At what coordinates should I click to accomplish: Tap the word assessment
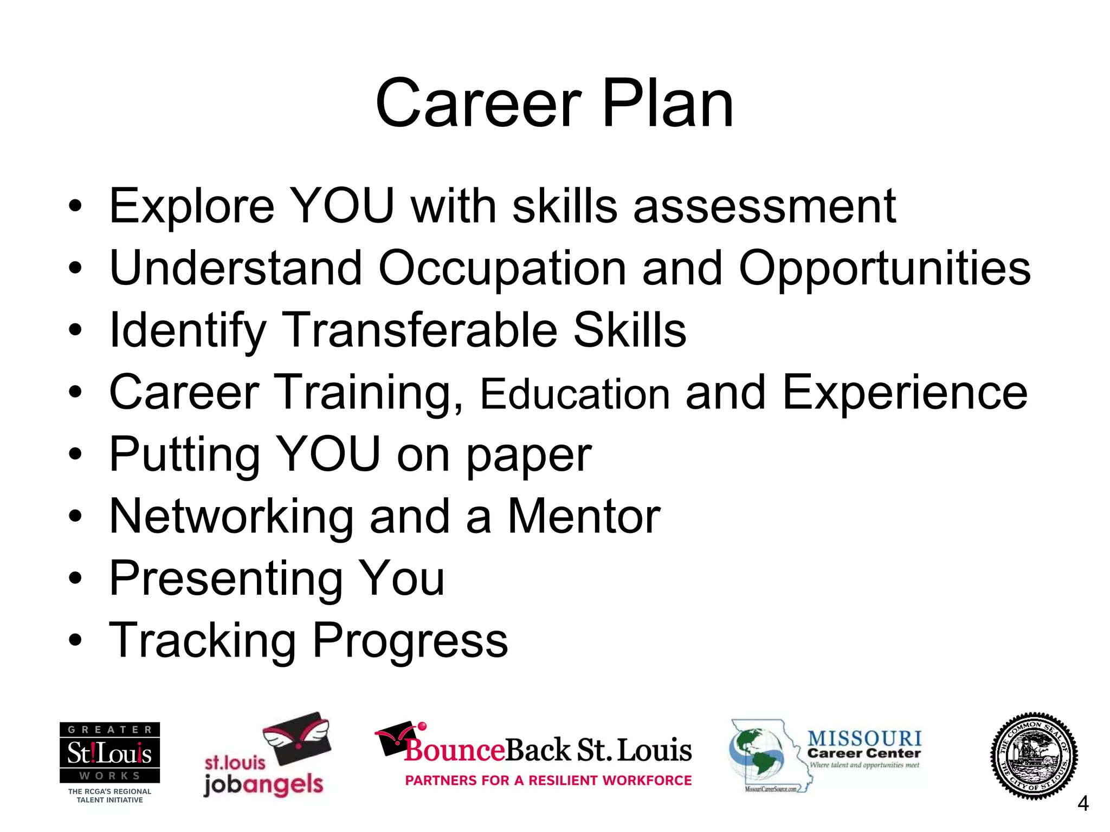[x=765, y=206]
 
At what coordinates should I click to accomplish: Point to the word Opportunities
[x=885, y=269]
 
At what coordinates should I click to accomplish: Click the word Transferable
[x=421, y=330]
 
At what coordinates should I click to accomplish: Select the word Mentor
[x=584, y=516]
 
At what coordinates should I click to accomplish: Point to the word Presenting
[x=226, y=578]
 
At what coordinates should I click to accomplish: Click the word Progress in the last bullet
[x=410, y=640]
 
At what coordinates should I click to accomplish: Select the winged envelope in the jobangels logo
[x=297, y=738]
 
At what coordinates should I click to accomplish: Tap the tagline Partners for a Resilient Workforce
[x=548, y=781]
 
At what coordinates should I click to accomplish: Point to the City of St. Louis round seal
[x=1034, y=756]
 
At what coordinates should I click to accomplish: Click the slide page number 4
[x=1083, y=804]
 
